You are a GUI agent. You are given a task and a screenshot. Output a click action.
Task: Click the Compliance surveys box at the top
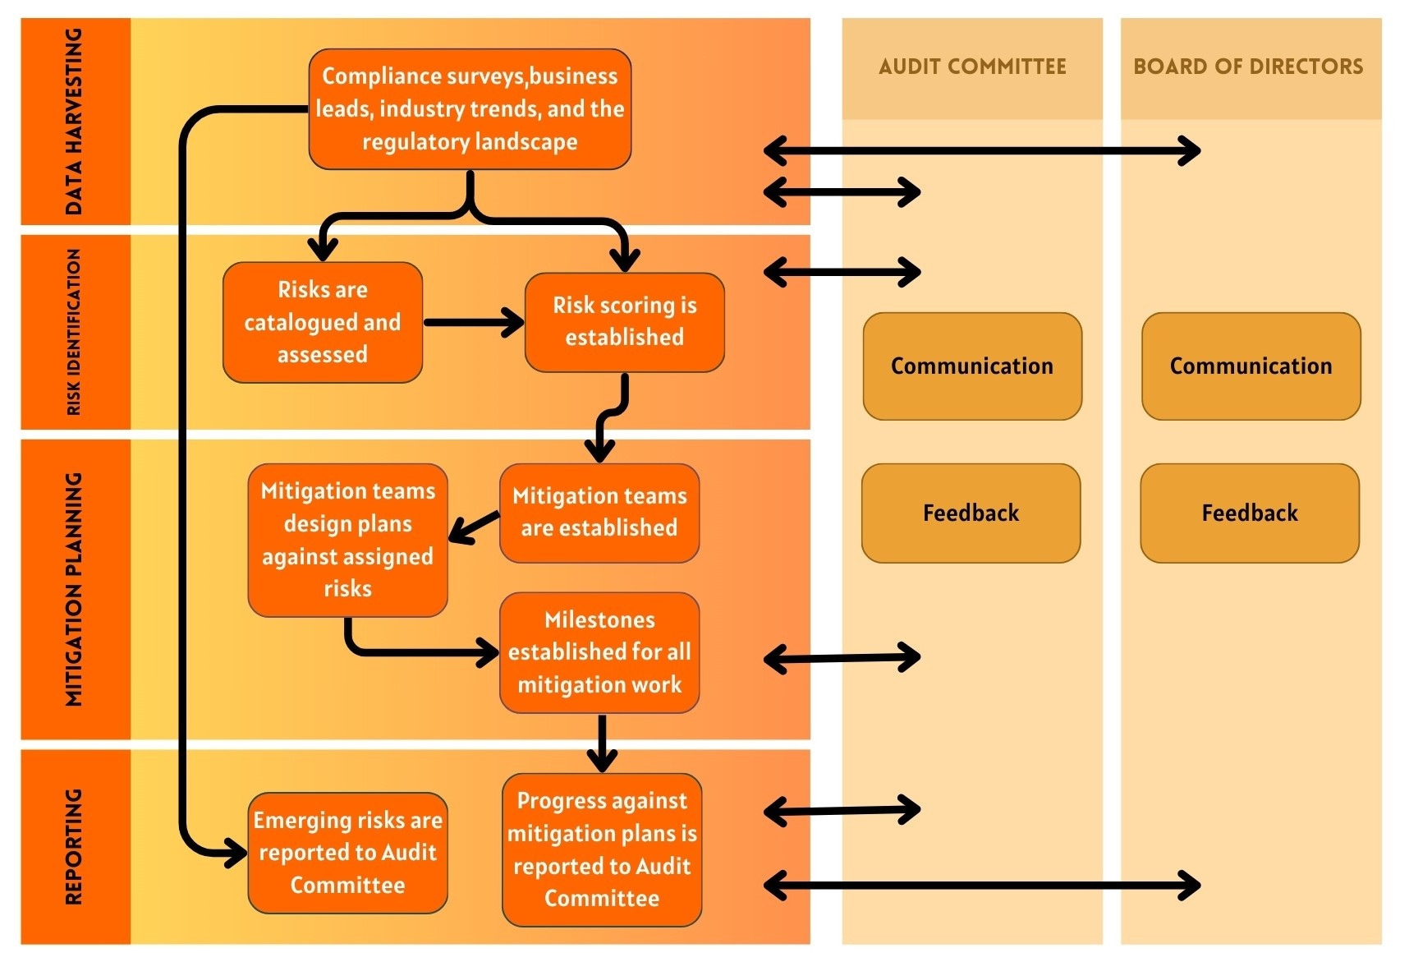point(470,109)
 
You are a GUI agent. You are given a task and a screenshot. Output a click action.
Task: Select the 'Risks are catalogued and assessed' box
point(323,322)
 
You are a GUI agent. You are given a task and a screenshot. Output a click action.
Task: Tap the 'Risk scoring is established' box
point(624,322)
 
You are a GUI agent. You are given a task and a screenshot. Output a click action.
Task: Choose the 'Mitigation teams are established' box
point(599,513)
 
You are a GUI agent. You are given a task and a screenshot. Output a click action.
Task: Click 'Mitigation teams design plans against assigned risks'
point(347,540)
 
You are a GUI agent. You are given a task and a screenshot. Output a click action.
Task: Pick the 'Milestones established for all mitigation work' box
point(599,652)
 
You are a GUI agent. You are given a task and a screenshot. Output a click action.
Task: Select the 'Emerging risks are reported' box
point(347,853)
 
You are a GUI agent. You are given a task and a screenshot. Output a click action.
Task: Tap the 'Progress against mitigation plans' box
point(602,849)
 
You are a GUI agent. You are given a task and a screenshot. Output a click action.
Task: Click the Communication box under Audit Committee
point(972,366)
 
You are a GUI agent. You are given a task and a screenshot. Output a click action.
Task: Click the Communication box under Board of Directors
point(1251,366)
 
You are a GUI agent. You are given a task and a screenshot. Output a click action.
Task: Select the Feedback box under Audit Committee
point(971,513)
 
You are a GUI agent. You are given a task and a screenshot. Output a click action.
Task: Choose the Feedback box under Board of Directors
point(1249,513)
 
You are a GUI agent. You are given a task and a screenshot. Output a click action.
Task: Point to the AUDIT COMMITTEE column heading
point(972,67)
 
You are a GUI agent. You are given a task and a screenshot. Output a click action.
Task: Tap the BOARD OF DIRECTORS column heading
point(1248,67)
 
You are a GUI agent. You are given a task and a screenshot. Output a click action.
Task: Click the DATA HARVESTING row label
point(74,122)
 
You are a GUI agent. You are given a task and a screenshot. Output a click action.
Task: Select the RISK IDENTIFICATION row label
point(74,332)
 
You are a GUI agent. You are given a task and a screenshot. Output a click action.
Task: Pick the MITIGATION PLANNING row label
point(74,589)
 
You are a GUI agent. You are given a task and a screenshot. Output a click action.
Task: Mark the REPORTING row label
point(74,846)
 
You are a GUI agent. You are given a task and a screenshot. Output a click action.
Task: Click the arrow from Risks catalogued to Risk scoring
point(473,322)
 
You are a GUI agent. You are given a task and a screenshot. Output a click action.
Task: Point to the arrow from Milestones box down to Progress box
point(602,742)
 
